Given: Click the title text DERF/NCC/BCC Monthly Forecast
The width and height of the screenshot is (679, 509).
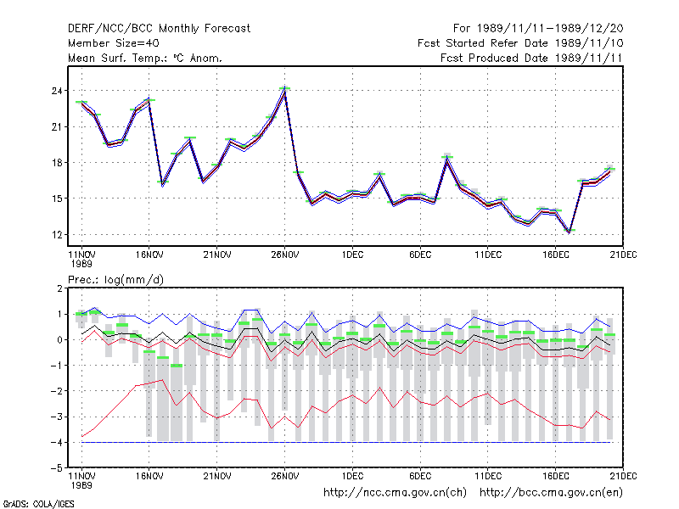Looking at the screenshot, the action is click(159, 29).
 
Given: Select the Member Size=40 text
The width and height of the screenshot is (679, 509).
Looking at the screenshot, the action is click(114, 43).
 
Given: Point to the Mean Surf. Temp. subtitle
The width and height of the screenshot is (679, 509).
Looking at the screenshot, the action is click(144, 58).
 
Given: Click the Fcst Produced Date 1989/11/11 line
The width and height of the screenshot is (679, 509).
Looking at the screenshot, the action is click(531, 58).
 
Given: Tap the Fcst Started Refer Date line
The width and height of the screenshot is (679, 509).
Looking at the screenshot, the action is click(520, 43).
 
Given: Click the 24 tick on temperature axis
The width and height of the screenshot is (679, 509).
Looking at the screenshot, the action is click(57, 91).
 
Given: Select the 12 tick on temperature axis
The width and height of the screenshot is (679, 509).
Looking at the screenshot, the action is click(57, 235).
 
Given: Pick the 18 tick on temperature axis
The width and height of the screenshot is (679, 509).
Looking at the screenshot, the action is click(57, 163).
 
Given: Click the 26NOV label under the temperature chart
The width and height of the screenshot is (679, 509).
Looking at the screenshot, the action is click(285, 255).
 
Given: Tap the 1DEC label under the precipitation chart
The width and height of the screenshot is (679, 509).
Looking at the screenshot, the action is click(352, 476).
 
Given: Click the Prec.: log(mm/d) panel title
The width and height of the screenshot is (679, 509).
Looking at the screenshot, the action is click(115, 280).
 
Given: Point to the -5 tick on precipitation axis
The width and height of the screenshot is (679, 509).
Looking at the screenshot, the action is click(58, 468).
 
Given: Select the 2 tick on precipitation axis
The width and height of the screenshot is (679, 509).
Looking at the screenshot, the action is click(59, 288).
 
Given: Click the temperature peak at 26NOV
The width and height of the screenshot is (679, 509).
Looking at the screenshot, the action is click(284, 92).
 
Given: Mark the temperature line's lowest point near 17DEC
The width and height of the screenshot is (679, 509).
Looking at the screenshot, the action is click(570, 232).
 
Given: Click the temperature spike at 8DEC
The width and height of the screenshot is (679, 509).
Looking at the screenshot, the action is click(447, 159).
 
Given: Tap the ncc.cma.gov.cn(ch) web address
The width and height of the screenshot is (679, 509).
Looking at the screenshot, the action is click(395, 493).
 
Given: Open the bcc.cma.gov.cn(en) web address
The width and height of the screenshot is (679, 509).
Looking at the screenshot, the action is click(551, 493).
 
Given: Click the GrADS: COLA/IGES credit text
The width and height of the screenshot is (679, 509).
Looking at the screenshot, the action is click(38, 504).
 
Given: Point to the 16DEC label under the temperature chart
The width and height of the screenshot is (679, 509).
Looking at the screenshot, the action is click(556, 255).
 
